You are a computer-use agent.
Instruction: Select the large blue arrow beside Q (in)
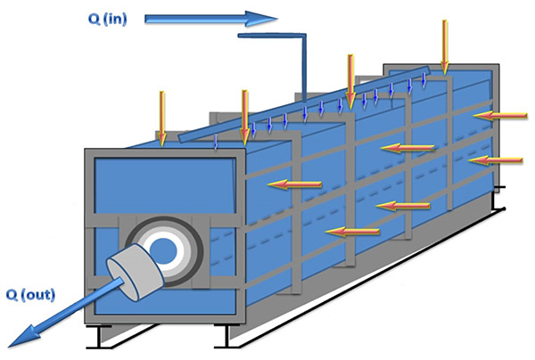210,16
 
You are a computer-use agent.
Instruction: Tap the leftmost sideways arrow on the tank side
295,184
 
